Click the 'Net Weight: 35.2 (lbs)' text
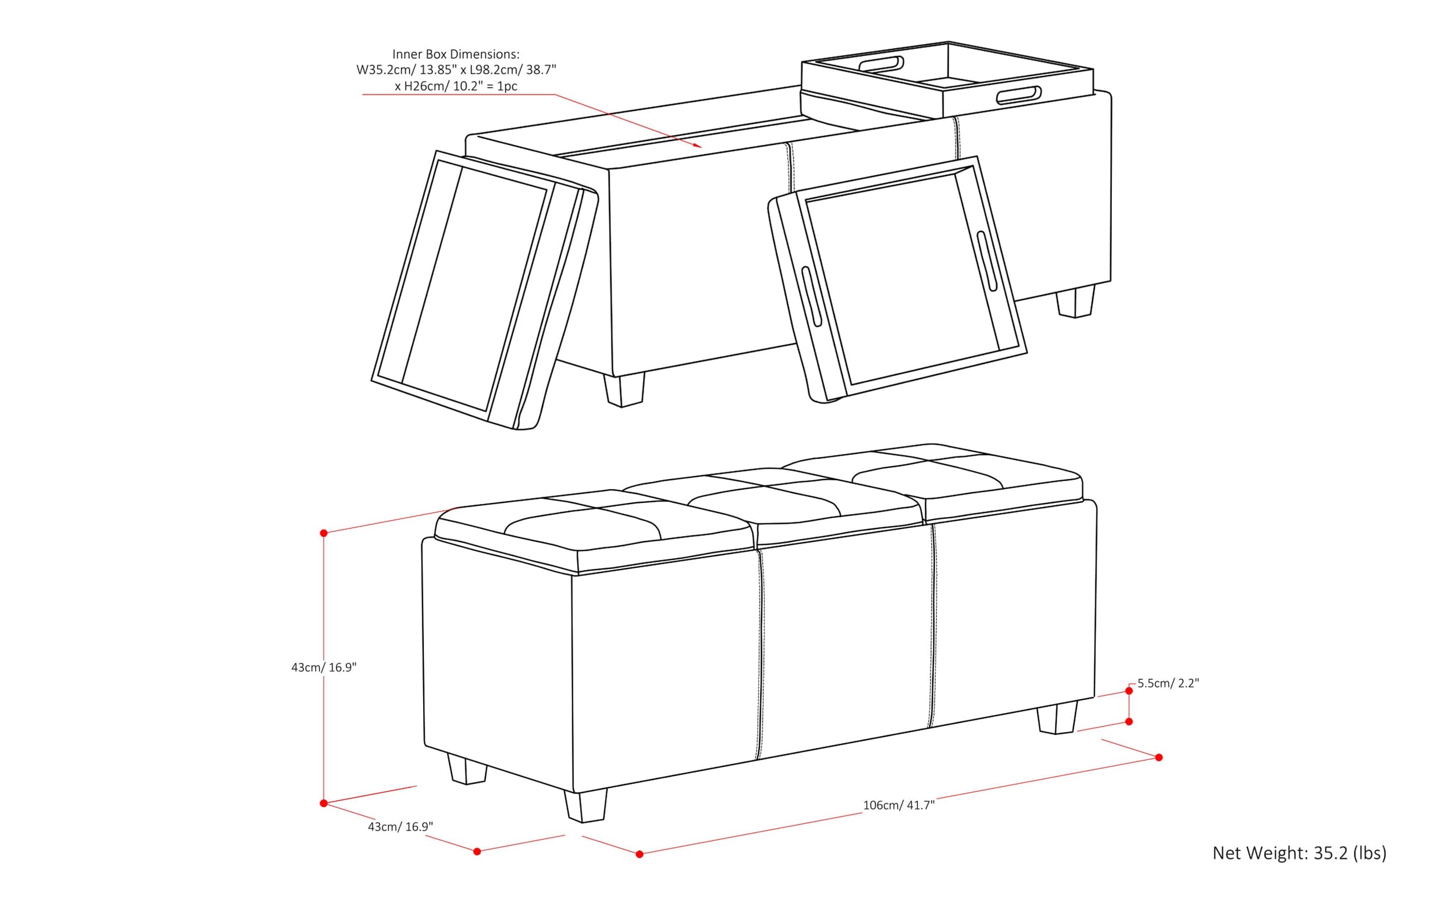pos(1299,853)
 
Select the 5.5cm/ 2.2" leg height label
pos(1168,683)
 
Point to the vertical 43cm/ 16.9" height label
pos(324,667)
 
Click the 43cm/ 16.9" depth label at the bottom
pos(400,826)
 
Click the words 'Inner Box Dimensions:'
pos(456,54)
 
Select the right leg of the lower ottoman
pos(1057,717)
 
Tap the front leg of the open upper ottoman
pos(624,390)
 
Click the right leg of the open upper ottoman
pos(1076,302)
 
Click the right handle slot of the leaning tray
pos(987,262)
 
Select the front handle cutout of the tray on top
pos(1019,96)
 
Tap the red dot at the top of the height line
pos(324,533)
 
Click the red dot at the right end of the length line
pos(1159,758)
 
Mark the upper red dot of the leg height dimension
pos(1129,691)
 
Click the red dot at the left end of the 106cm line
pos(640,854)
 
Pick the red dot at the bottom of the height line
pos(324,803)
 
